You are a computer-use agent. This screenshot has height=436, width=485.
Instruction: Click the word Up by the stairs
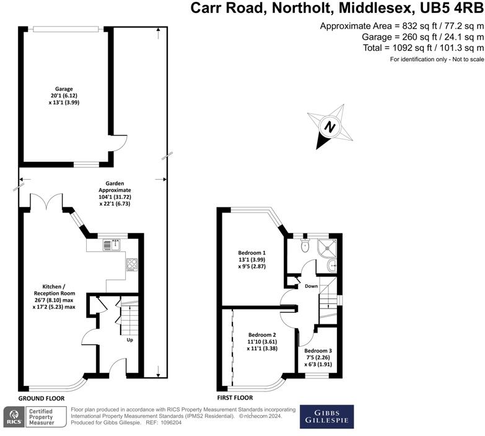point(130,340)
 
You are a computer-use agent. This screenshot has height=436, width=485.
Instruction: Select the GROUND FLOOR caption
point(42,398)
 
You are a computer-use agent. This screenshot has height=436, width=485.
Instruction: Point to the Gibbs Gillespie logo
point(326,416)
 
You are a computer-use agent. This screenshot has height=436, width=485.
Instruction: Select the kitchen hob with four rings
point(132,265)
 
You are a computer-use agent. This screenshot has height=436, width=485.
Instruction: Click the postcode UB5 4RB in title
point(447,8)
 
